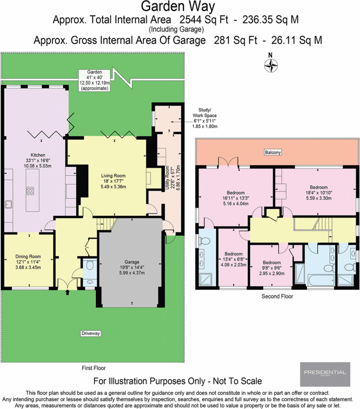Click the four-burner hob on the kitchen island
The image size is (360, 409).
point(31,191)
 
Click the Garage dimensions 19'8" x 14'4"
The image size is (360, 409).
point(129,268)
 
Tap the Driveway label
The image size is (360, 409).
point(90,333)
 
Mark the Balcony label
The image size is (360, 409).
point(273,153)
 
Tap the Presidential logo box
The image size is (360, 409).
point(325,374)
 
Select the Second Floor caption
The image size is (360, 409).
point(277,296)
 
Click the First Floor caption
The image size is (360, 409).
point(93,368)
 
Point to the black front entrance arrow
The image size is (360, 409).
point(68,292)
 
